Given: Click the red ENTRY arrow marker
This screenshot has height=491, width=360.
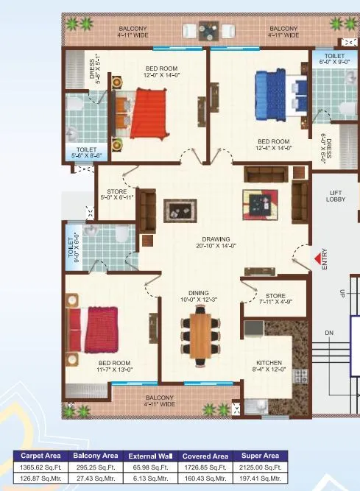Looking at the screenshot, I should coord(317,258).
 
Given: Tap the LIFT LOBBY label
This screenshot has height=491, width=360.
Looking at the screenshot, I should coord(336,196).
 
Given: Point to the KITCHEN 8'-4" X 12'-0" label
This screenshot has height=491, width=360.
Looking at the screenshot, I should coord(269,366).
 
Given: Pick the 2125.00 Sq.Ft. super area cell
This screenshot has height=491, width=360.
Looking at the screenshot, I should coord(258,467).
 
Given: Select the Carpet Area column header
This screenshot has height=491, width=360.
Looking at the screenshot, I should coord(40,456).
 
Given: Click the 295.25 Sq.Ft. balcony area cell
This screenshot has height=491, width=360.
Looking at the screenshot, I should coord(95,467).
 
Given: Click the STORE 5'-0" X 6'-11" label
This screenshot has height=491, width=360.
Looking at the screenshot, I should coord(117,194).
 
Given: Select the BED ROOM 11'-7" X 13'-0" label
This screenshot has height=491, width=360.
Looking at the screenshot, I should coord(114,367).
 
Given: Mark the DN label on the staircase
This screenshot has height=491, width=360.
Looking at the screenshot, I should coord(329,333).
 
